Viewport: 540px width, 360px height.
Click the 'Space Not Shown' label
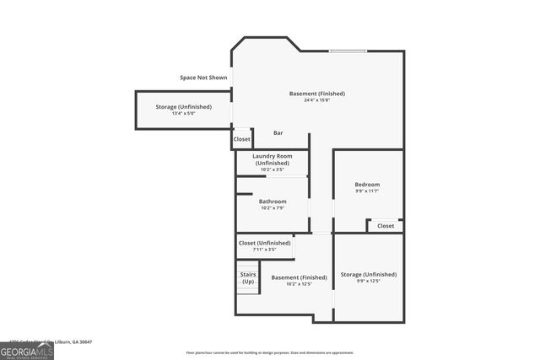pos(202,78)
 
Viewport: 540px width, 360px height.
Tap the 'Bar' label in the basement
pos(278,132)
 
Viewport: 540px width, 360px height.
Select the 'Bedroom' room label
pos(367,185)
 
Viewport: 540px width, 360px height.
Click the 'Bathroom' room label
pos(273,201)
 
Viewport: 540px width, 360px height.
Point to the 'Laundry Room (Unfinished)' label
pos(273,159)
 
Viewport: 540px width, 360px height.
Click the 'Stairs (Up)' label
pos(248,277)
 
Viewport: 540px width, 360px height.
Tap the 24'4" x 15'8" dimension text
pos(317,101)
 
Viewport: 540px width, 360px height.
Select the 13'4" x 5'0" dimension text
pos(183,115)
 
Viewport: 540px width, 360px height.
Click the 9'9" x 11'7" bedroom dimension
pos(367,192)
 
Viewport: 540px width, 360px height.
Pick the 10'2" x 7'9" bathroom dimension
pos(273,209)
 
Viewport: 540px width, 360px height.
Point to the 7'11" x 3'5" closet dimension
pos(264,250)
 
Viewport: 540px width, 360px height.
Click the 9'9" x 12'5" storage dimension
pos(368,282)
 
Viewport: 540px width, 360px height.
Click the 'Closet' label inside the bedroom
pos(386,226)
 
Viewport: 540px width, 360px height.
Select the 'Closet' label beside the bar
pos(242,139)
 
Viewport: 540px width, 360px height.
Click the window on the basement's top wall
pos(348,51)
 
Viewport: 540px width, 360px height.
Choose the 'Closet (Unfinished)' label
pos(264,243)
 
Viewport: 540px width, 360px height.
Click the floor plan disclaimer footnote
pos(270,352)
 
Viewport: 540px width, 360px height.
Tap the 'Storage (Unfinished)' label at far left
pos(183,107)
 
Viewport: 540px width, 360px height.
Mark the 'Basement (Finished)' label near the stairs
pos(299,277)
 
